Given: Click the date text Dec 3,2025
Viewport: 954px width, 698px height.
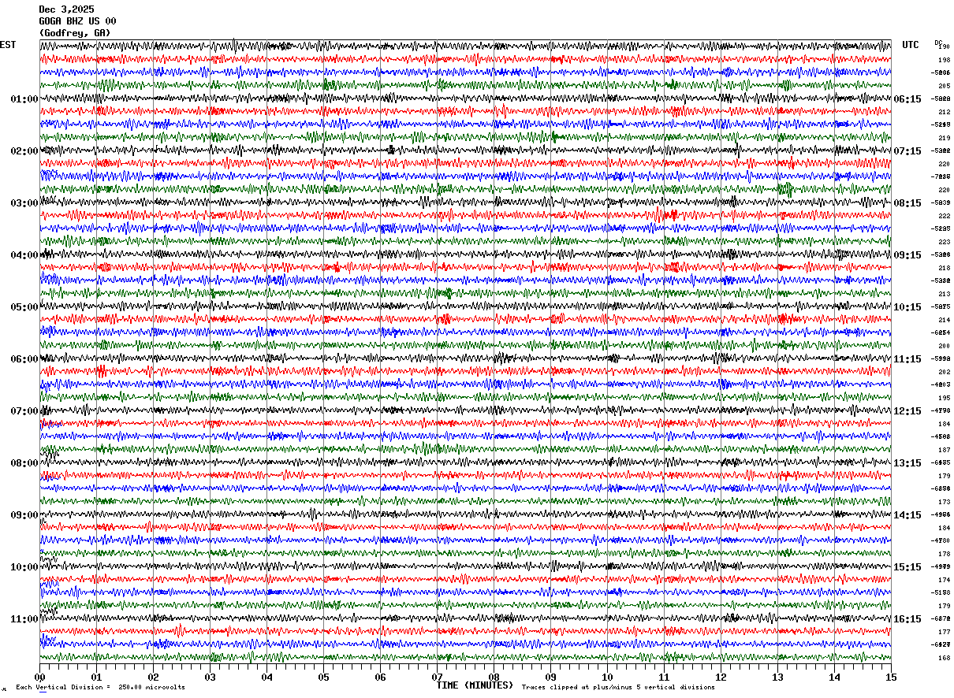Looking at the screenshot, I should [66, 9].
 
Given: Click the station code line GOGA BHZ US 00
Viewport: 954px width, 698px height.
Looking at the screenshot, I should [77, 21].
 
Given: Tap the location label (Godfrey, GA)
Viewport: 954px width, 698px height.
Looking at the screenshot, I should [75, 33].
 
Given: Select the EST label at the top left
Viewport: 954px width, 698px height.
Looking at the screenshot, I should [8, 45].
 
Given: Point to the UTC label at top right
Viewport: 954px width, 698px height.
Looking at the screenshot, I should [911, 45].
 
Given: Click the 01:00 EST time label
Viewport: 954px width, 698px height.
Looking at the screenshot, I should [24, 99].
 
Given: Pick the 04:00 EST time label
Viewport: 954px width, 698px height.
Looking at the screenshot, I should [24, 255].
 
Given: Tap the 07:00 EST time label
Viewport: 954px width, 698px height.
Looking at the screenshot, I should [24, 411].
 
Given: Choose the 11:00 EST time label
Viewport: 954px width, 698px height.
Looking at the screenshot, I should [24, 619].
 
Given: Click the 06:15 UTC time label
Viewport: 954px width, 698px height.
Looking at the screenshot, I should [907, 99].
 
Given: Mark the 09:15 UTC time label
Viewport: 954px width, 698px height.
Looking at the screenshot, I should [907, 255].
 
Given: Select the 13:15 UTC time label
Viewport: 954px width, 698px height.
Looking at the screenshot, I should [907, 463].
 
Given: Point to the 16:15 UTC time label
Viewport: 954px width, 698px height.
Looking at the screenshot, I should [907, 619].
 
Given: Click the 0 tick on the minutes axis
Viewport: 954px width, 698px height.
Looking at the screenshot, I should [40, 677].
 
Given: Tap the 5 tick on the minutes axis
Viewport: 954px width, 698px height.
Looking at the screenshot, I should [324, 677].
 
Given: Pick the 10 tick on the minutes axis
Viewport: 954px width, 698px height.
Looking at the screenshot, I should [607, 677].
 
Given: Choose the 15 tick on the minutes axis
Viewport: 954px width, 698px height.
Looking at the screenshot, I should [890, 677].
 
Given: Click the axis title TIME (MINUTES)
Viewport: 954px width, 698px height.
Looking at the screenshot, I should [475, 685].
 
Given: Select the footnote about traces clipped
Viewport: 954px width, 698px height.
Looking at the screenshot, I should [618, 688].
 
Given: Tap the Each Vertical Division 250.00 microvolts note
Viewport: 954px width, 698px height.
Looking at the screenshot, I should [100, 688].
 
